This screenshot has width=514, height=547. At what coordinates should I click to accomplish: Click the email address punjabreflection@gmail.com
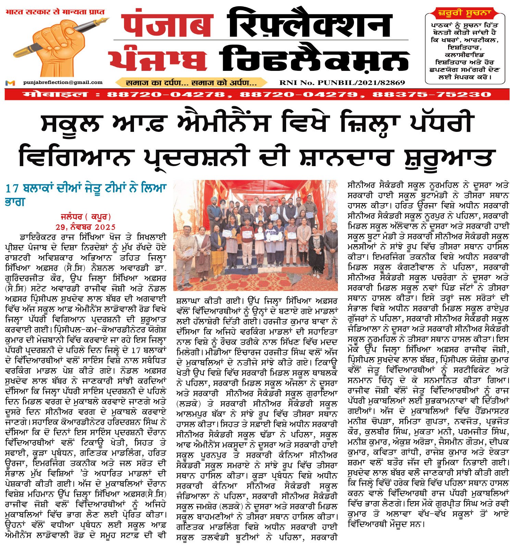pos(63,82)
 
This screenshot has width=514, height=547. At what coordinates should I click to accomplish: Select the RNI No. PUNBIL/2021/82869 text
pos(342,83)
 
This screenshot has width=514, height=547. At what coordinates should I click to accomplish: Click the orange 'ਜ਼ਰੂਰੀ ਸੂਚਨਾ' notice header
pos(465,13)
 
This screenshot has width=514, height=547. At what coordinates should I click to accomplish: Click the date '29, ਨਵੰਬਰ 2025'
pos(86,227)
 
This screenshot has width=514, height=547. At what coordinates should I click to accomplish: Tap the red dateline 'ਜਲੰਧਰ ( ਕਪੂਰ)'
pos(86,216)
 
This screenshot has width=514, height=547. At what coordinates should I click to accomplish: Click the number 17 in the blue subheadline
pos(12,188)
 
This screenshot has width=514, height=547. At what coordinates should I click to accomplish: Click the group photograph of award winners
pos(256,235)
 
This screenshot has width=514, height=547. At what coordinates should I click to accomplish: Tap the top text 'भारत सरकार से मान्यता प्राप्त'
pos(55,12)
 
